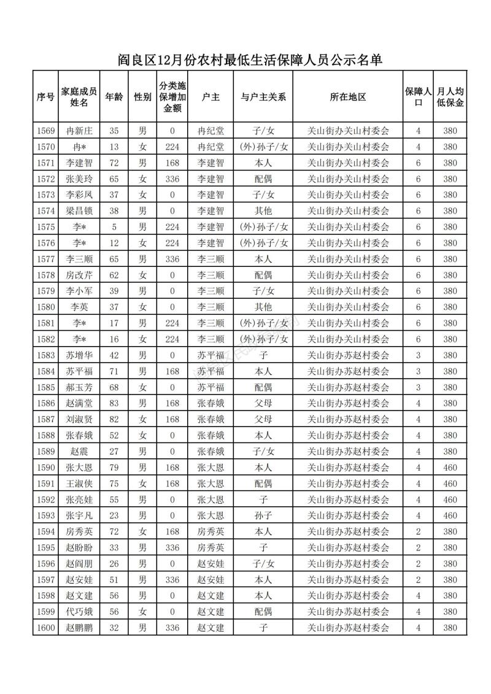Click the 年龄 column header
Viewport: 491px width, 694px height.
pyautogui.click(x=114, y=97)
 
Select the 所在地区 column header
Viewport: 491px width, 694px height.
pyautogui.click(x=347, y=97)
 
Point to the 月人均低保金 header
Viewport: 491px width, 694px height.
pyautogui.click(x=450, y=97)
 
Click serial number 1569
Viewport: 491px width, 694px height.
pyautogui.click(x=46, y=131)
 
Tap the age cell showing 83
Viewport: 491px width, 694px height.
pyautogui.click(x=114, y=403)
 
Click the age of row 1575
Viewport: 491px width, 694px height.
pyautogui.click(x=114, y=227)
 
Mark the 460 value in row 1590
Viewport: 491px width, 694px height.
pyautogui.click(x=450, y=467)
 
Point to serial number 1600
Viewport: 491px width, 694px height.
pyautogui.click(x=46, y=627)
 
